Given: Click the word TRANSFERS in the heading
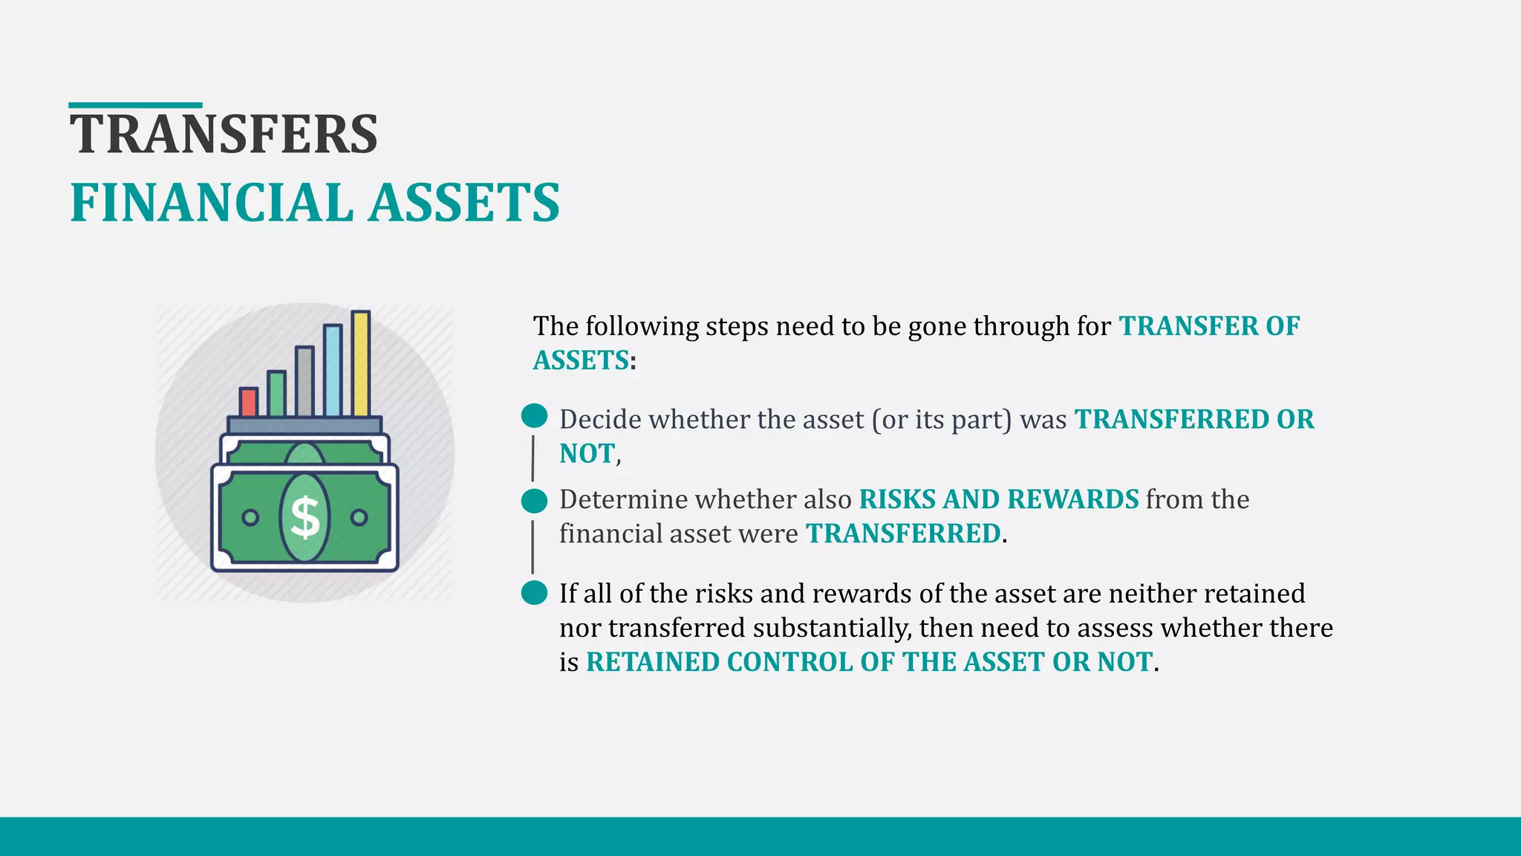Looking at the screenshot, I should (224, 134).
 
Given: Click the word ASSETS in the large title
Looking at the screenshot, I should (464, 203).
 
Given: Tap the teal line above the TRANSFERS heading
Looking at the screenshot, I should (135, 106).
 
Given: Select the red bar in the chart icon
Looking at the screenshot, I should (248, 402).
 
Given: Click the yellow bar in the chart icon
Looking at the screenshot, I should (361, 364).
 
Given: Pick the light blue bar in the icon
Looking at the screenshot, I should (333, 371).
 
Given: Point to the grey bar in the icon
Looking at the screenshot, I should (304, 381).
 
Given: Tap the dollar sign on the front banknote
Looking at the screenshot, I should (304, 517).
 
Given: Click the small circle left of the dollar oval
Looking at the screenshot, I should (250, 517).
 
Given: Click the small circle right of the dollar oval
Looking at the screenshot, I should (359, 517).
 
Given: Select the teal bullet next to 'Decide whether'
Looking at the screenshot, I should (534, 416).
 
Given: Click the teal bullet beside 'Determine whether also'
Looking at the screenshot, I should (534, 501).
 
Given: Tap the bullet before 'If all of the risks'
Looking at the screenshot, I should (534, 593).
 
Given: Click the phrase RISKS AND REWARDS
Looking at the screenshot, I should (998, 499).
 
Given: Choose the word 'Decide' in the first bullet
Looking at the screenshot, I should (600, 420).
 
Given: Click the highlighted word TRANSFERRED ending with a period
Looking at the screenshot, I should (903, 534).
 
